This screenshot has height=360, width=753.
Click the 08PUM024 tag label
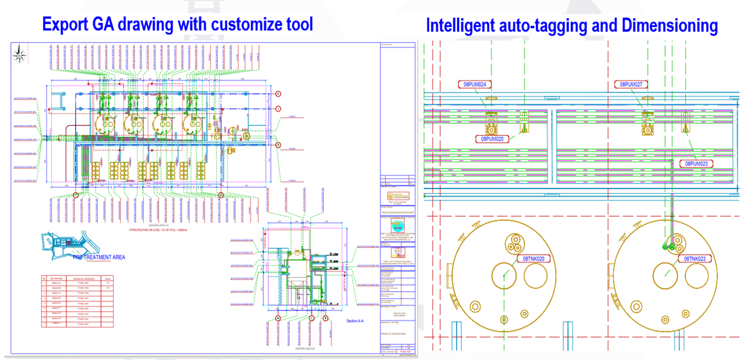point(475,84)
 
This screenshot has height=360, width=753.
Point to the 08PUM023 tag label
point(699,163)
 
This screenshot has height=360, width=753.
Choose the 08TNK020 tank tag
point(534,259)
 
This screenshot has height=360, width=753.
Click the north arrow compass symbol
point(20,53)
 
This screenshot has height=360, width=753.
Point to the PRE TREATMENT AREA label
point(100,257)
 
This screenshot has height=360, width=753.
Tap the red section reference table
point(79,301)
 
